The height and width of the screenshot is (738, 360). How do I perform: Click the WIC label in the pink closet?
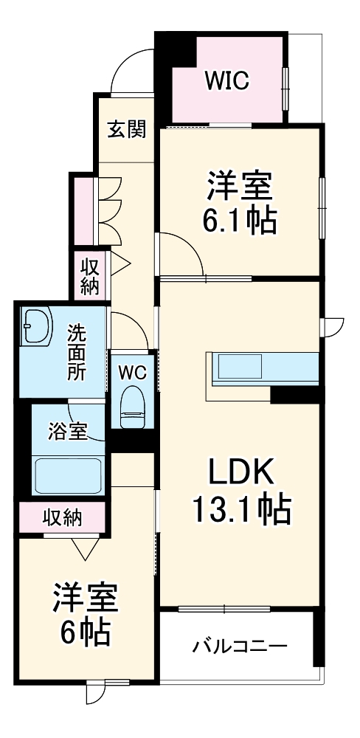tap(226, 81)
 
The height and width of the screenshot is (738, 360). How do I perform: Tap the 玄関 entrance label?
tap(127, 128)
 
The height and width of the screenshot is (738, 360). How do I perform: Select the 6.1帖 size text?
tap(239, 219)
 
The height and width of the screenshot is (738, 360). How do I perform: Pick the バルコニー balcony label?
tap(240, 646)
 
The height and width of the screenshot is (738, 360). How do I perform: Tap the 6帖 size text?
tap(85, 632)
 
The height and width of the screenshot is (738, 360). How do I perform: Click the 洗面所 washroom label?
tap(76, 352)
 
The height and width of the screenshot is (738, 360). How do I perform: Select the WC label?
tap(133, 372)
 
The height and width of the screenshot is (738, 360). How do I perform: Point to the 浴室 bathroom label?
tap(68, 431)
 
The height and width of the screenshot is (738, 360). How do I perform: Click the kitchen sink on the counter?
tap(239, 367)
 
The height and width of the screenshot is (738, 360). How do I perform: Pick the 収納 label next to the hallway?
tap(90, 277)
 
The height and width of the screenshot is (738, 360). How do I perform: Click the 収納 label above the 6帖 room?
tap(63, 517)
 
